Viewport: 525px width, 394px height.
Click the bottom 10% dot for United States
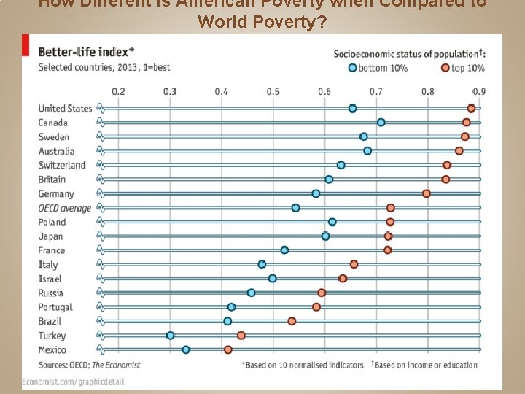[x=352, y=108]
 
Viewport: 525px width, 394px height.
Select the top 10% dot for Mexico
[x=228, y=349]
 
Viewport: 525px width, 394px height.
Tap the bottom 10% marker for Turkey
[x=170, y=336]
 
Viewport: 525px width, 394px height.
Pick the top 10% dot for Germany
[x=427, y=193]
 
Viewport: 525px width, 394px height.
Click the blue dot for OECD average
[x=295, y=208]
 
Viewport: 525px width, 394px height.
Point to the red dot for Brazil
[x=292, y=321]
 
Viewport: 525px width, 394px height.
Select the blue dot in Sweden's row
[x=363, y=136]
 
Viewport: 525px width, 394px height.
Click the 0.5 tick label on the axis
[x=273, y=91]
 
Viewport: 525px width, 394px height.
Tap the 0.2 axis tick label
[x=117, y=91]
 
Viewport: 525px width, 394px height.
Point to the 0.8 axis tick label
[x=427, y=91]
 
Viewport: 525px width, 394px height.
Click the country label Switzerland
[x=62, y=165]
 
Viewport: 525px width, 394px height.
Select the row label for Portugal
[x=55, y=307]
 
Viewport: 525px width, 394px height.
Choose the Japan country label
[x=51, y=236]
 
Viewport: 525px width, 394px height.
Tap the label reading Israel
[x=50, y=279]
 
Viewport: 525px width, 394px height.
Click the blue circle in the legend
[x=353, y=68]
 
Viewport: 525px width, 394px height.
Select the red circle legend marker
[x=445, y=68]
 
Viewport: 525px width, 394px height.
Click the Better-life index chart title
[x=85, y=52]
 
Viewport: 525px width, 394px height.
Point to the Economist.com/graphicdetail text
[x=73, y=381]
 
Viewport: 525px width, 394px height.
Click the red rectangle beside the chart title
[x=26, y=47]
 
